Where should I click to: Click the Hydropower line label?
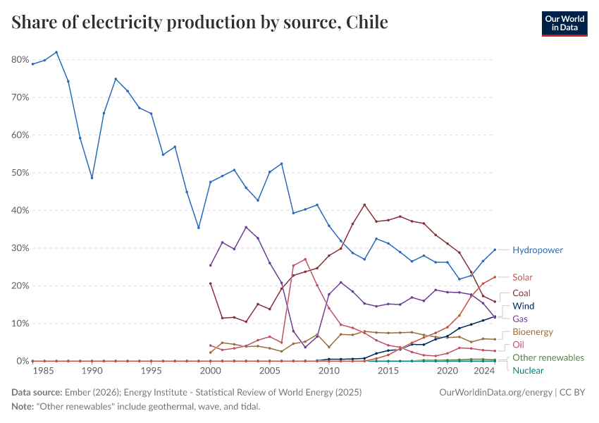pyautogui.click(x=537, y=250)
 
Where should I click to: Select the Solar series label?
pyautogui.click(x=522, y=278)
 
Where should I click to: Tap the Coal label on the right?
pyautogui.click(x=521, y=293)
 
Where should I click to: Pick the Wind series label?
pyautogui.click(x=523, y=306)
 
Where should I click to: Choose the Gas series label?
pyautogui.click(x=520, y=319)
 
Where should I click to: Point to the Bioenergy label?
pyautogui.click(x=532, y=331)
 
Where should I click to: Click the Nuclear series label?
pyautogui.click(x=528, y=370)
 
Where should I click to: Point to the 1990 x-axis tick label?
pyautogui.click(x=92, y=370)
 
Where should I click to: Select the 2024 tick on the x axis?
pyautogui.click(x=483, y=370)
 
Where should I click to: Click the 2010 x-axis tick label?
pyautogui.click(x=328, y=370)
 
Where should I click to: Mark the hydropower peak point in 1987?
pyautogui.click(x=56, y=52)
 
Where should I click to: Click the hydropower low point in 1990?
pyautogui.click(x=92, y=178)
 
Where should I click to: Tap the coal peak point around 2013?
pyautogui.click(x=364, y=205)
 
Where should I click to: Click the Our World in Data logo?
pyautogui.click(x=564, y=23)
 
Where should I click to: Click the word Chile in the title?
pyautogui.click(x=366, y=23)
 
